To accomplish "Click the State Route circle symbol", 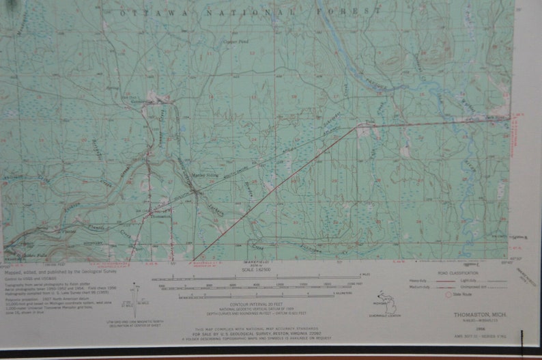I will [448, 295].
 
